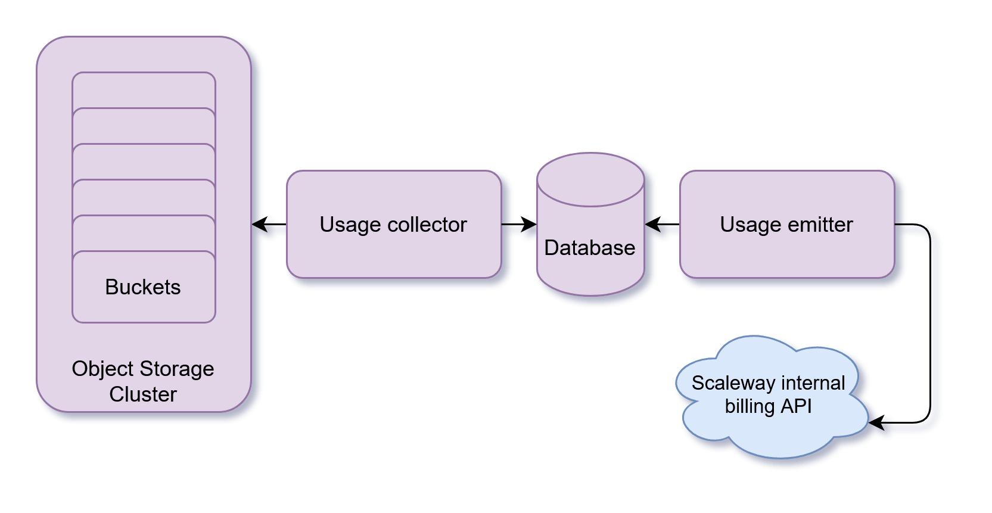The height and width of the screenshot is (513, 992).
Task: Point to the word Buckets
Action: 143,287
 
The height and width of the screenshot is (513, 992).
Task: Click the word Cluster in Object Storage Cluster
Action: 143,394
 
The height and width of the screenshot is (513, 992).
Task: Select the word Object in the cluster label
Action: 95,369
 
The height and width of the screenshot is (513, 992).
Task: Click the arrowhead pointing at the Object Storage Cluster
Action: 260,225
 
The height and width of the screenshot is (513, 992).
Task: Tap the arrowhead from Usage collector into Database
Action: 529,225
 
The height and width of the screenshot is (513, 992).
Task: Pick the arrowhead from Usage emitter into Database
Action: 653,225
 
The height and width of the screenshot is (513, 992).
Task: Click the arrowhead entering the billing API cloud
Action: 876,422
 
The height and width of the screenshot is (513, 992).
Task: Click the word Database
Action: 590,248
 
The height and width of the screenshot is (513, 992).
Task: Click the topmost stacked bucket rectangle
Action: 144,89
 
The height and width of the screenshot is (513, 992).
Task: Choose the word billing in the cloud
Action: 750,406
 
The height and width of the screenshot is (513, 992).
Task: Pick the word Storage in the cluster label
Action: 177,369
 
